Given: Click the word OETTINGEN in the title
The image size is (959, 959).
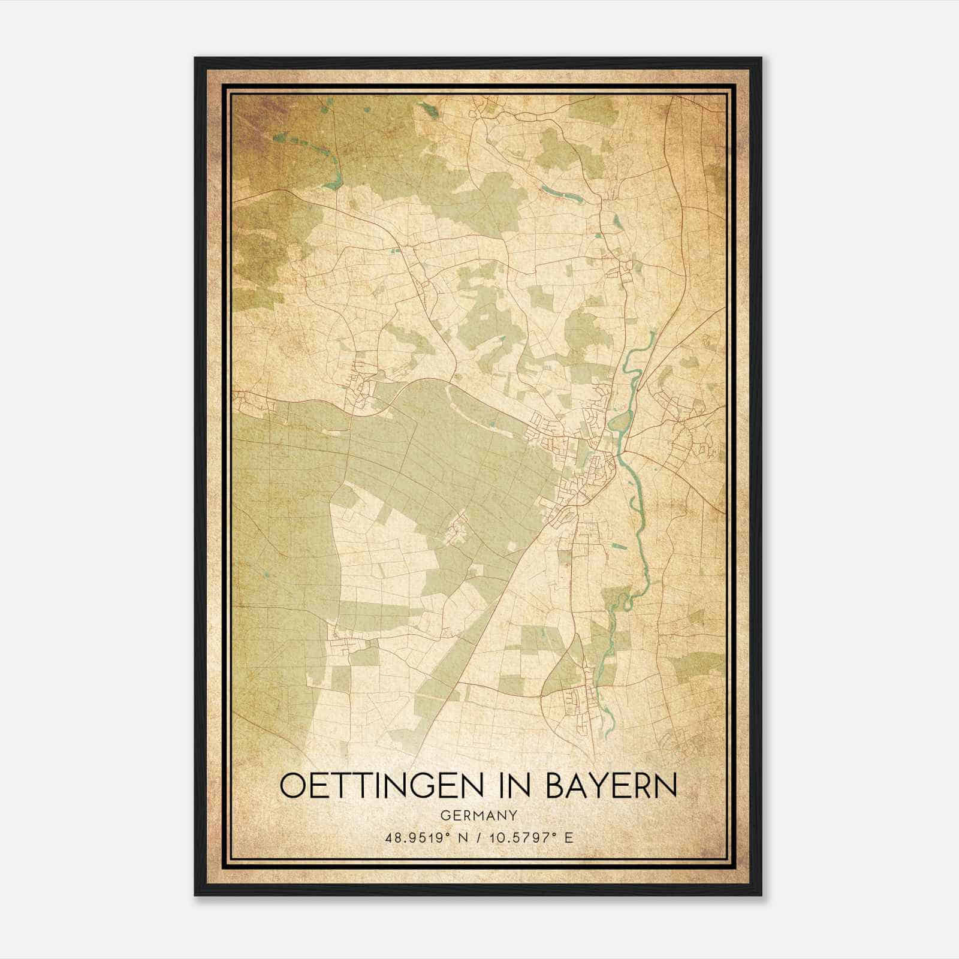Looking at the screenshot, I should tap(382, 786).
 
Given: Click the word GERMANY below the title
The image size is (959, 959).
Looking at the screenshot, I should tap(478, 815).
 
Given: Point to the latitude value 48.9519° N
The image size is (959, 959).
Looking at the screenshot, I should tap(425, 837).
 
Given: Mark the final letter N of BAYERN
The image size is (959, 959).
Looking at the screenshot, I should tap(668, 786).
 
